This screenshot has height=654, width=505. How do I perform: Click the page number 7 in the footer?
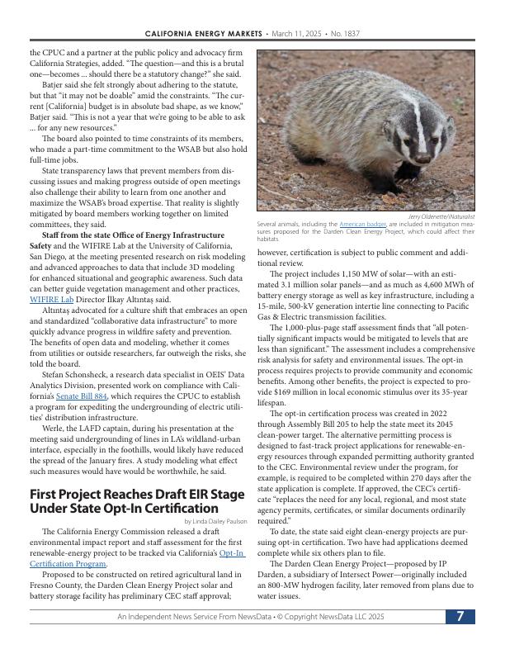(x=460, y=617)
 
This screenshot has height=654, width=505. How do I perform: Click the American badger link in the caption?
(x=363, y=224)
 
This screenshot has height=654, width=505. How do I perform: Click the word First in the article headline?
(x=45, y=493)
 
